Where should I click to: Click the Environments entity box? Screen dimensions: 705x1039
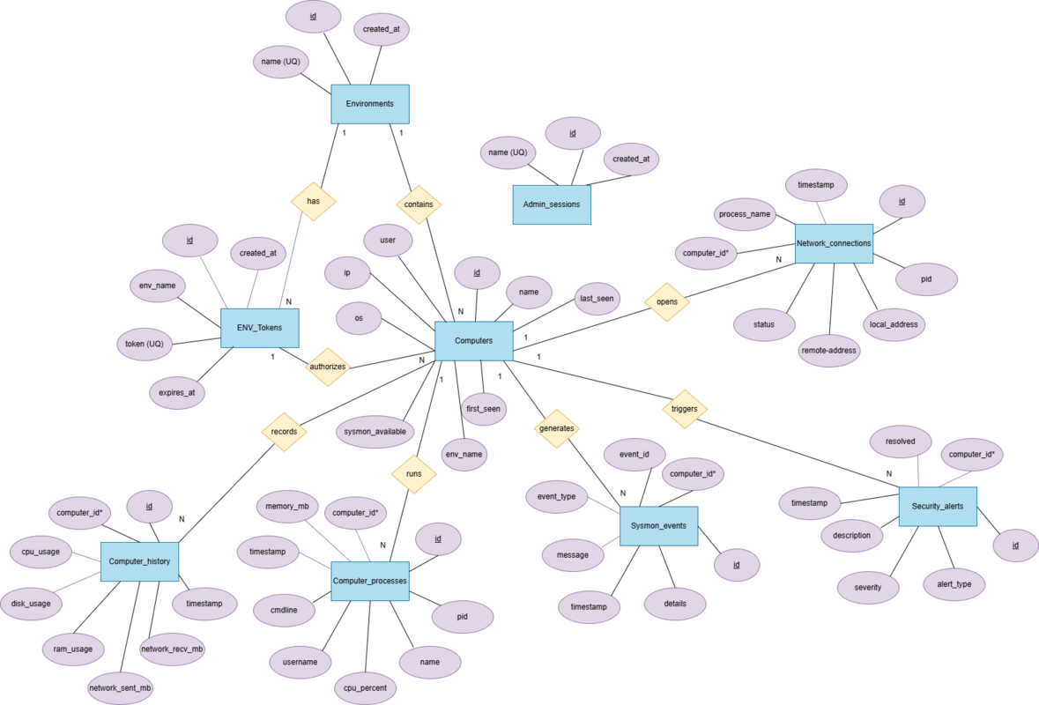pyautogui.click(x=370, y=103)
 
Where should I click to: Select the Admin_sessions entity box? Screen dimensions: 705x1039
pyautogui.click(x=552, y=204)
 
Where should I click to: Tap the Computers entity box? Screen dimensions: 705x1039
pyautogui.click(x=474, y=340)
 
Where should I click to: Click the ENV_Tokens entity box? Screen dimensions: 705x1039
pyautogui.click(x=259, y=328)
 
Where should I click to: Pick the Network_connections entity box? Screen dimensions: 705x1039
pyautogui.click(x=834, y=243)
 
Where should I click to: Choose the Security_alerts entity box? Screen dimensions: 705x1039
pyautogui.click(x=938, y=507)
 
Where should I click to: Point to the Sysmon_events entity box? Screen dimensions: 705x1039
pyautogui.click(x=658, y=525)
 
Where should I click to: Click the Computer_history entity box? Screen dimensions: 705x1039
pyautogui.click(x=140, y=561)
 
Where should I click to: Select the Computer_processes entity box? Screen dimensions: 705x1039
pyautogui.click(x=370, y=581)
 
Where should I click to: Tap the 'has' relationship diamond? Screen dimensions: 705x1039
pyautogui.click(x=313, y=201)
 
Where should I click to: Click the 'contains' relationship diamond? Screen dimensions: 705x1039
pyautogui.click(x=419, y=204)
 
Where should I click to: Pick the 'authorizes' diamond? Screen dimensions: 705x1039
pyautogui.click(x=327, y=367)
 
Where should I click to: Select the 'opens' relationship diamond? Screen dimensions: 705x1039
pyautogui.click(x=667, y=301)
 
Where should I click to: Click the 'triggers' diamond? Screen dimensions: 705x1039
pyautogui.click(x=685, y=409)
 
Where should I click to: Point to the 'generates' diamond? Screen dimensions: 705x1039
pyautogui.click(x=557, y=428)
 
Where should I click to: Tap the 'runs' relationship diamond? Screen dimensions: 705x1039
pyautogui.click(x=413, y=473)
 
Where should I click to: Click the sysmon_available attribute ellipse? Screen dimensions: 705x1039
pyautogui.click(x=375, y=432)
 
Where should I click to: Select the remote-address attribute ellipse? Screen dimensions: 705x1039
pyautogui.click(x=829, y=350)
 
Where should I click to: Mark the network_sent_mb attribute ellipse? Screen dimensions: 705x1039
pyautogui.click(x=120, y=687)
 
